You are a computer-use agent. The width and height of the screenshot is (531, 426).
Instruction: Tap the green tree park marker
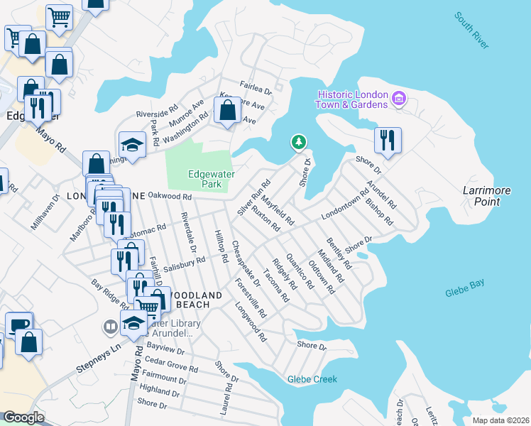pyautogui.click(x=299, y=142)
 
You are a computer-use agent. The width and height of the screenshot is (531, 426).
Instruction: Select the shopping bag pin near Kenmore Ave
pyautogui.click(x=227, y=111)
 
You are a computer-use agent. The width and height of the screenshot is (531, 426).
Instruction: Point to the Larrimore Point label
pyautogui.click(x=481, y=197)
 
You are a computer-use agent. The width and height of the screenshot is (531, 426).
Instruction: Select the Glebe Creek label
pyautogui.click(x=312, y=379)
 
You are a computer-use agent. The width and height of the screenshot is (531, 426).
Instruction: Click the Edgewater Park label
pyautogui.click(x=211, y=178)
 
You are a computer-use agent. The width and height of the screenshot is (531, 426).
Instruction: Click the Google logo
pyautogui.click(x=23, y=417)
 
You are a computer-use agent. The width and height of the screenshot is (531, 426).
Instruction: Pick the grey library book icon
pyautogui.click(x=110, y=327)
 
